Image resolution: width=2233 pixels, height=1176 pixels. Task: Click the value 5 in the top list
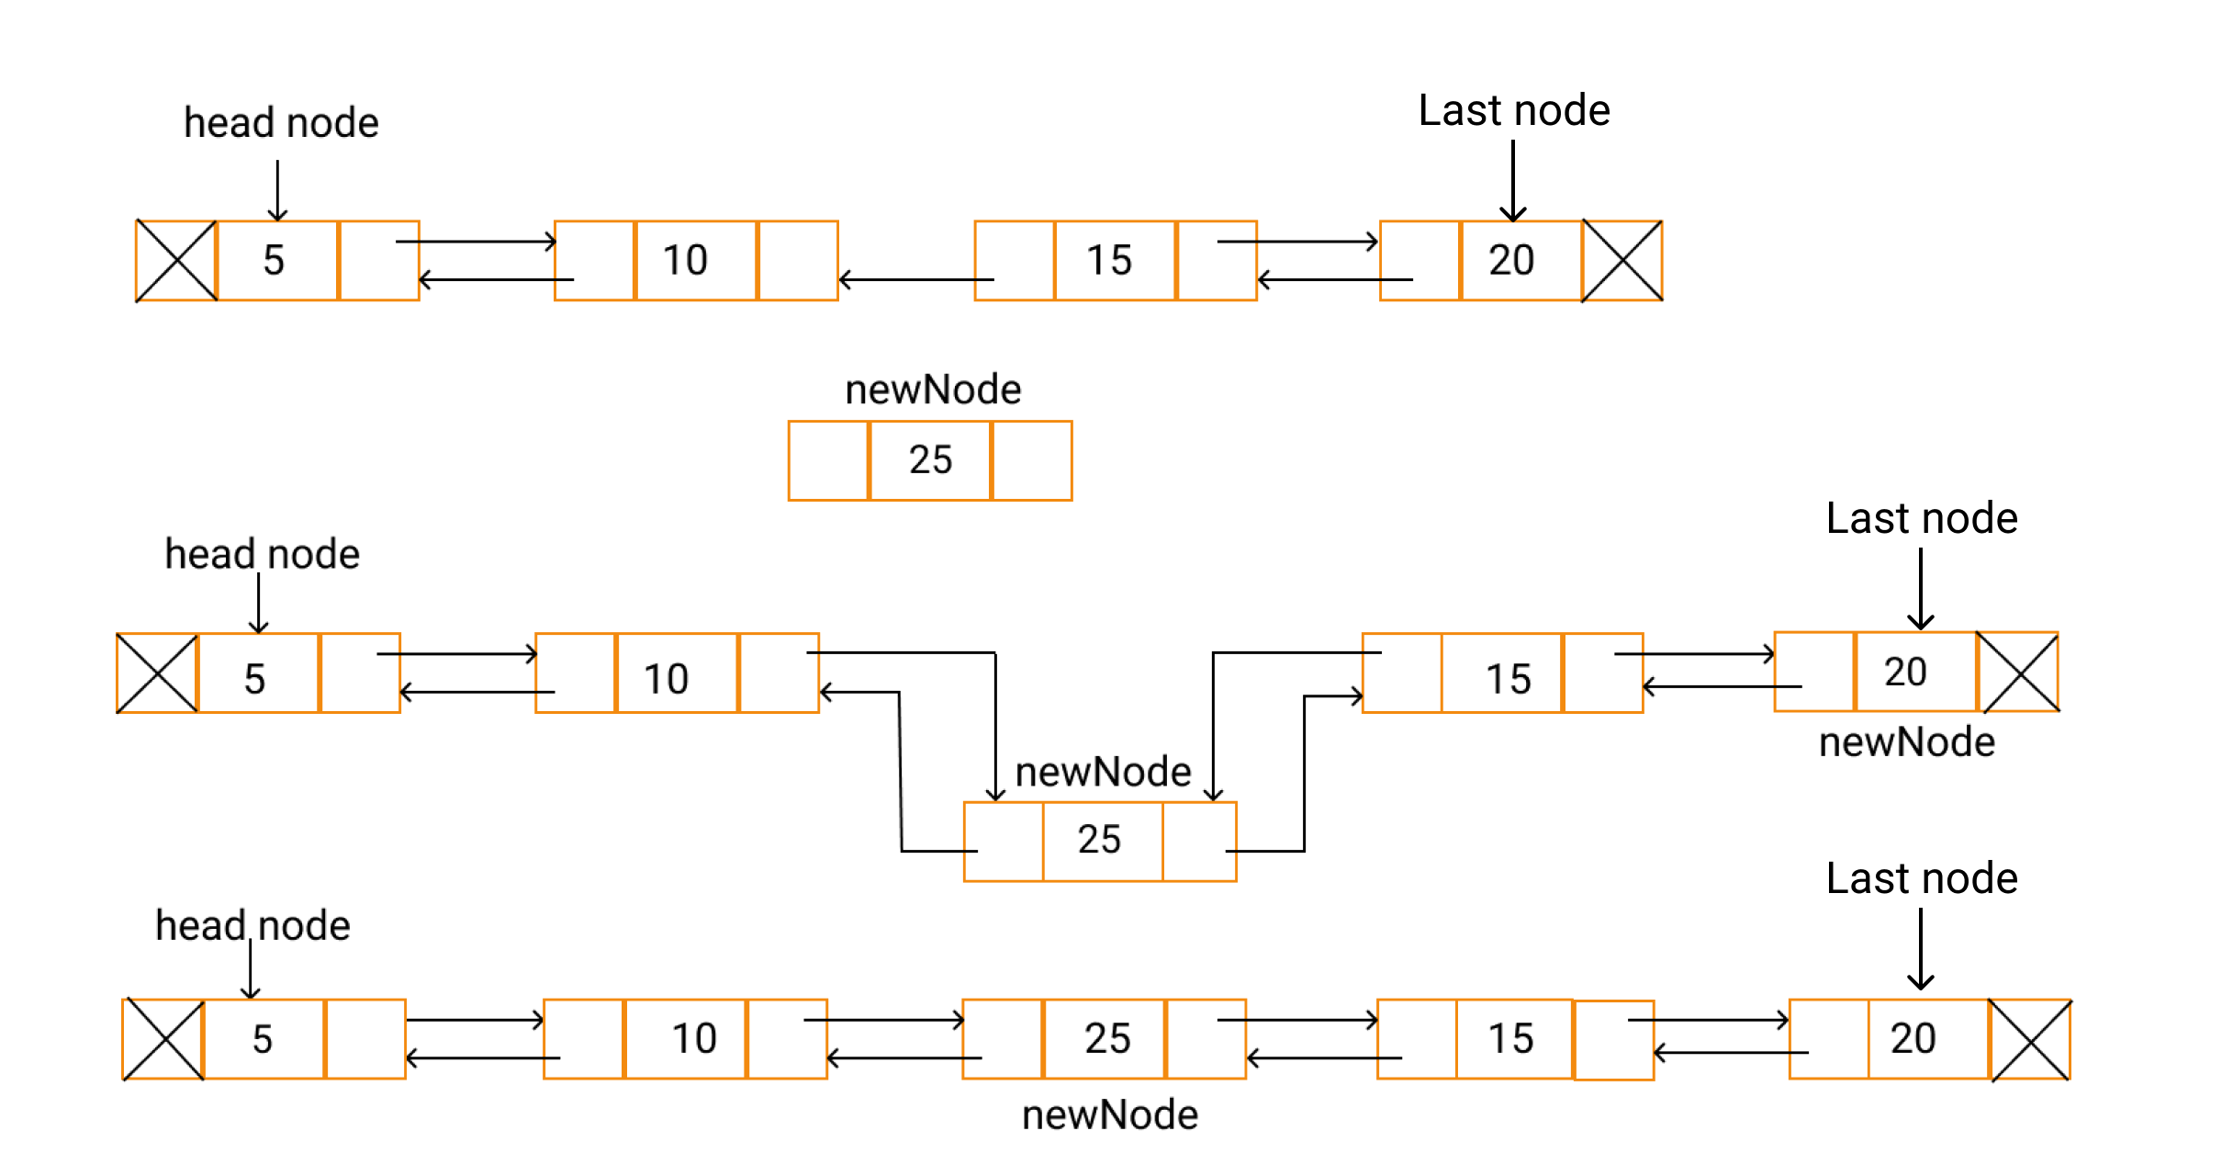(274, 260)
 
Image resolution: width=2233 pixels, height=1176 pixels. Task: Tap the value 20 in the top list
(1511, 260)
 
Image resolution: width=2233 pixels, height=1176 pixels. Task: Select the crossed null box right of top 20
(1622, 261)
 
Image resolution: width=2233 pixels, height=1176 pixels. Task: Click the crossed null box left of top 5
(176, 261)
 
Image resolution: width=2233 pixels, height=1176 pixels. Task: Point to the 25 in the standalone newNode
(930, 459)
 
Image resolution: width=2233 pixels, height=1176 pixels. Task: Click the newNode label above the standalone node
(933, 390)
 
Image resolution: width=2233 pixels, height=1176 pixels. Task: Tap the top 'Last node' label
(1514, 110)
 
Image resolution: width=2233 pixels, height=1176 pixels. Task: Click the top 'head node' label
(281, 122)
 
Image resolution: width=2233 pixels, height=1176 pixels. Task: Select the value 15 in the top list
(1109, 260)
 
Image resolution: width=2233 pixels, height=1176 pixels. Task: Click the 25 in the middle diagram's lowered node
(1099, 839)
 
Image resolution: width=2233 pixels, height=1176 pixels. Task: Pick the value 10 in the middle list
(666, 679)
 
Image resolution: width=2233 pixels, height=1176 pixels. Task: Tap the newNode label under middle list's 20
(1907, 741)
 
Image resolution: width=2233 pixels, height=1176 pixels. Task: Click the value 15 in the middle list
(1509, 679)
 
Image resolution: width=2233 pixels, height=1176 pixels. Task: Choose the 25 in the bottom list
(1107, 1038)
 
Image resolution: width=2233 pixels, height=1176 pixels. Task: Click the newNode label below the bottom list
(1110, 1114)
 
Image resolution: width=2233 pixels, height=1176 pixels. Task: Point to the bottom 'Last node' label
(1922, 878)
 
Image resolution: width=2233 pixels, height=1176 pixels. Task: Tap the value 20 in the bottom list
(1913, 1038)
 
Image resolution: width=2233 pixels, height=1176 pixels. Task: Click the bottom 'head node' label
(252, 925)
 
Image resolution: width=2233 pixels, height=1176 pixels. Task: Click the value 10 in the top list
(685, 260)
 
